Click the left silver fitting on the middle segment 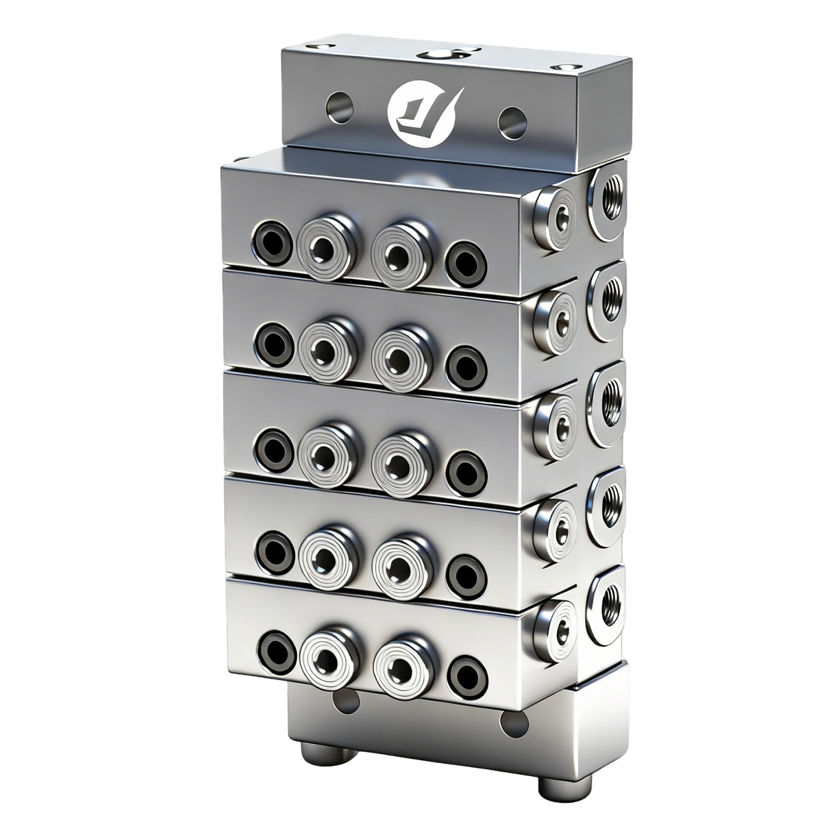tap(321, 452)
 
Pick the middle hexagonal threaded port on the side tap(606, 400)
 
